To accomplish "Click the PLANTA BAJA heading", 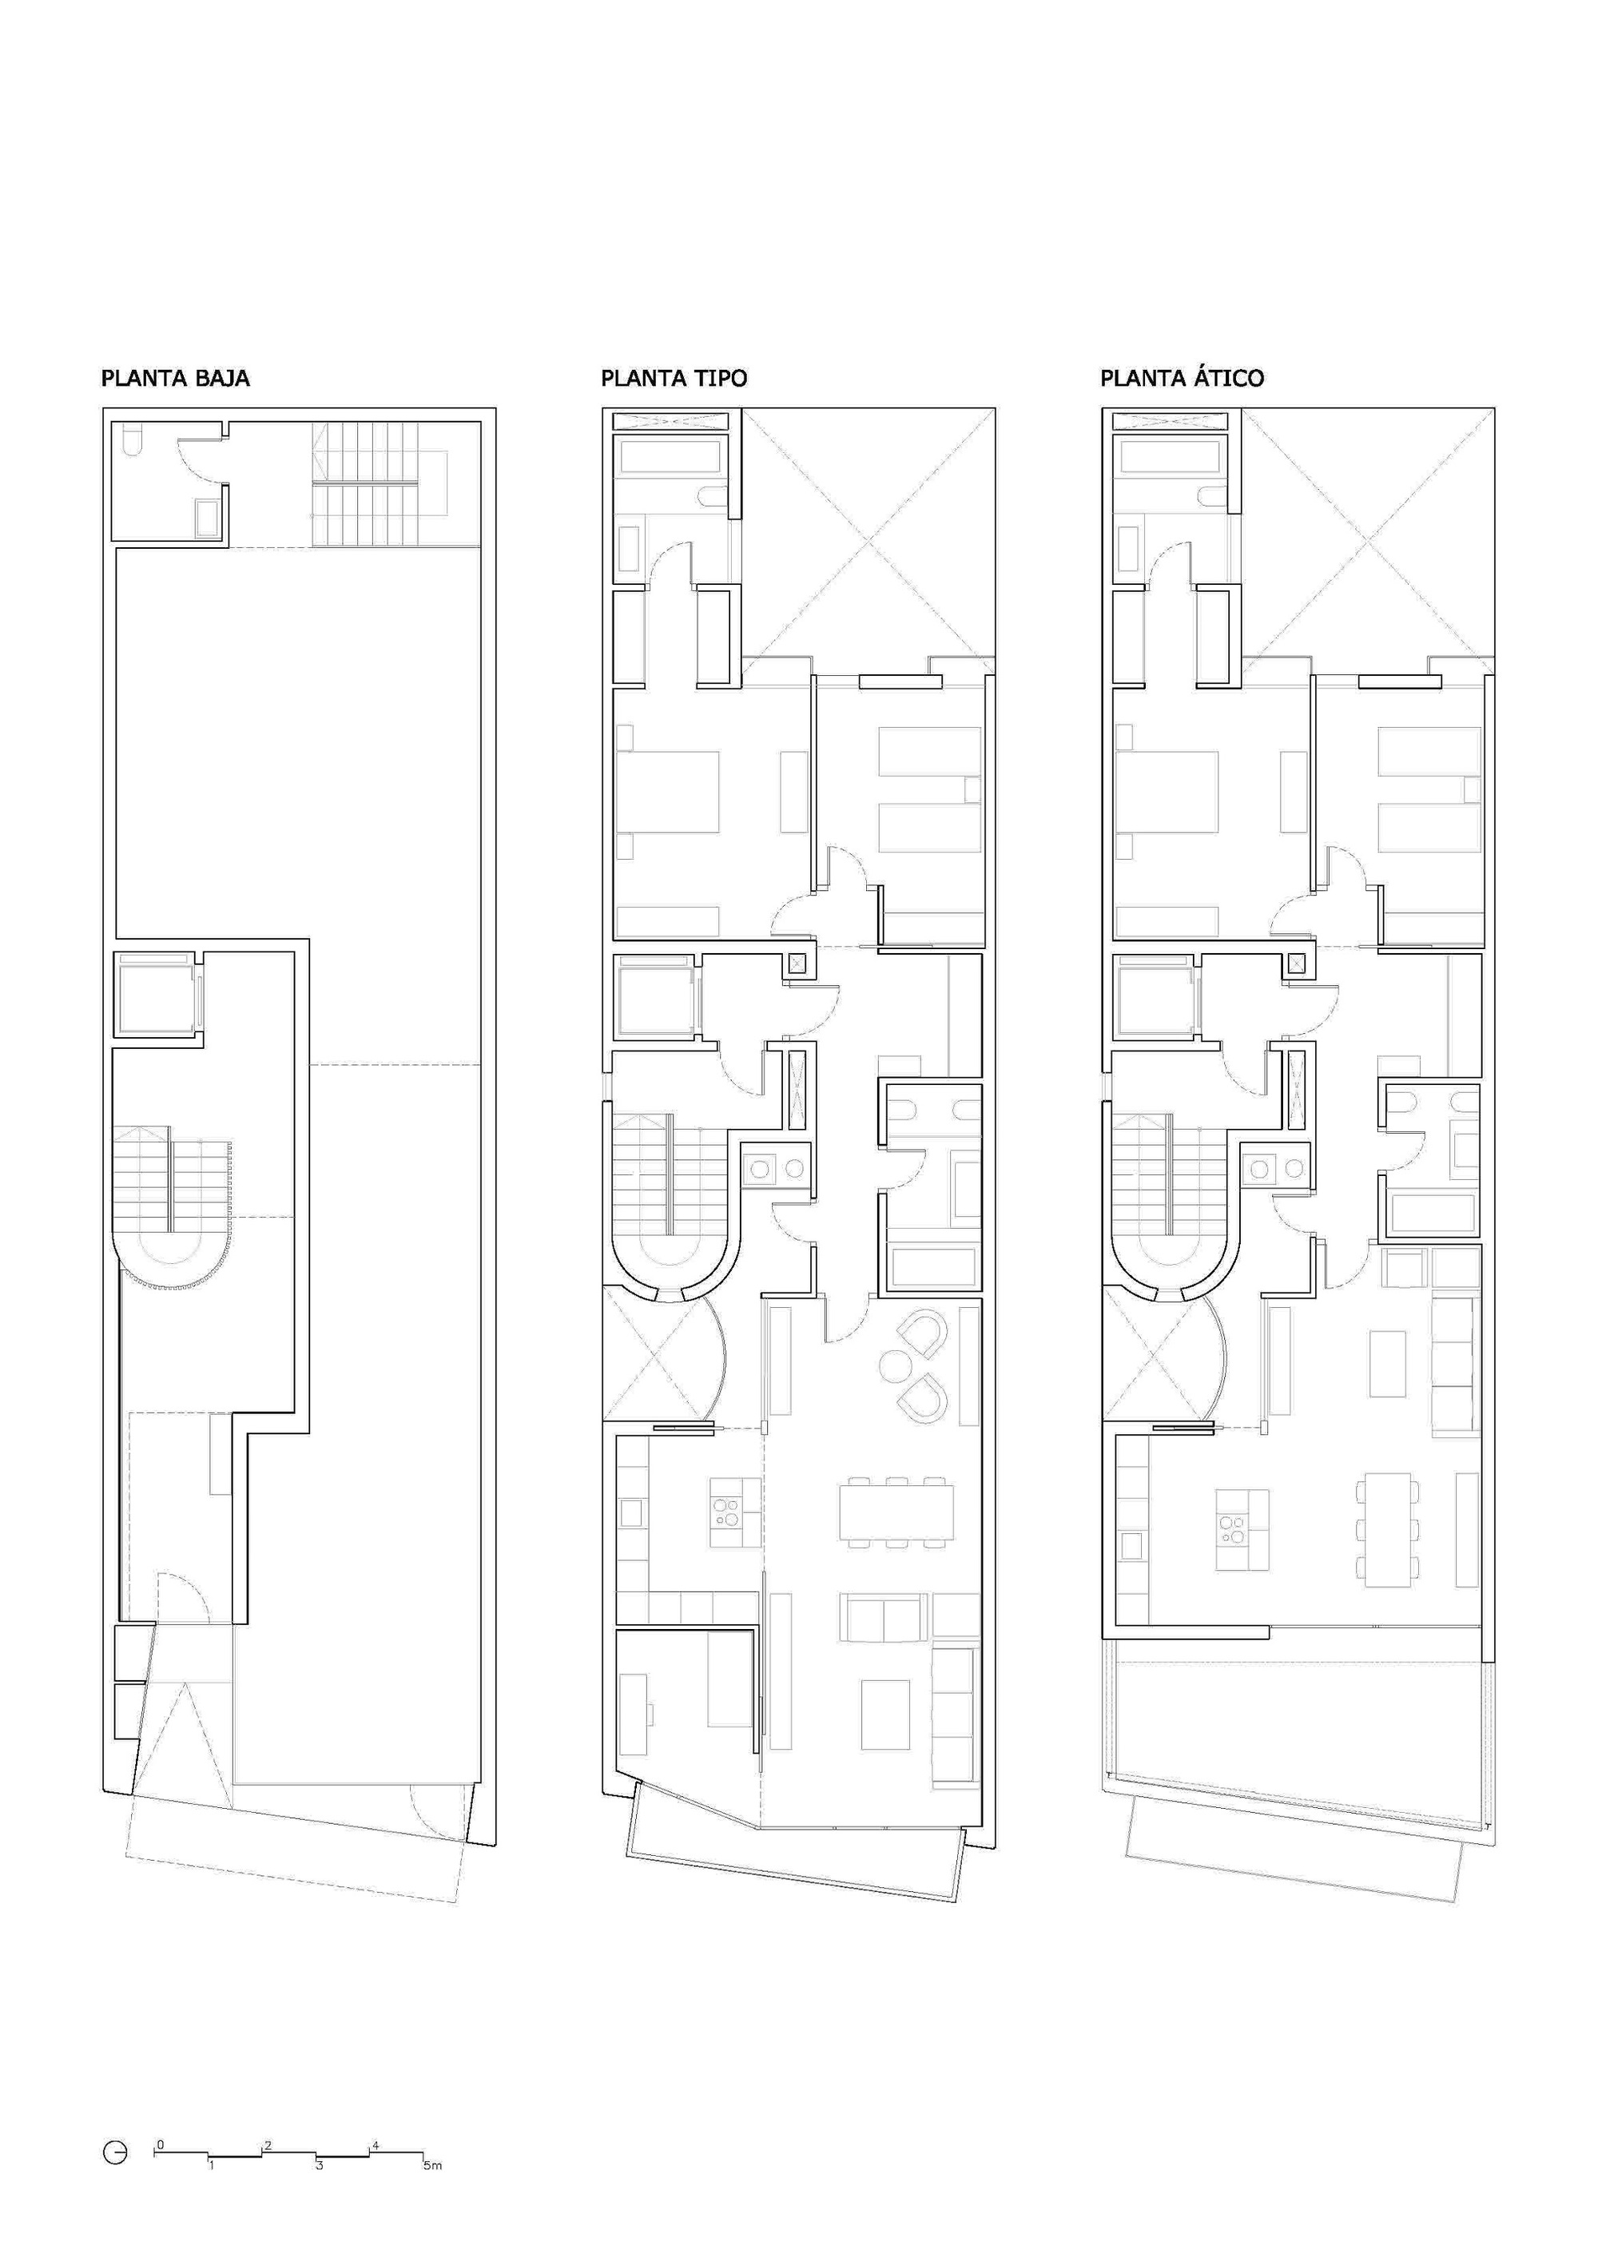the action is pyautogui.click(x=175, y=378).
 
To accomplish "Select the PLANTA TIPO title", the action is pyautogui.click(x=674, y=378).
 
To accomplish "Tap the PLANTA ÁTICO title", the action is pyautogui.click(x=1182, y=377).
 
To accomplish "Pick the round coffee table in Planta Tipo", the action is pyautogui.click(x=897, y=1366).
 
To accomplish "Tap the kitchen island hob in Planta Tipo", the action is pyautogui.click(x=729, y=1512).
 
